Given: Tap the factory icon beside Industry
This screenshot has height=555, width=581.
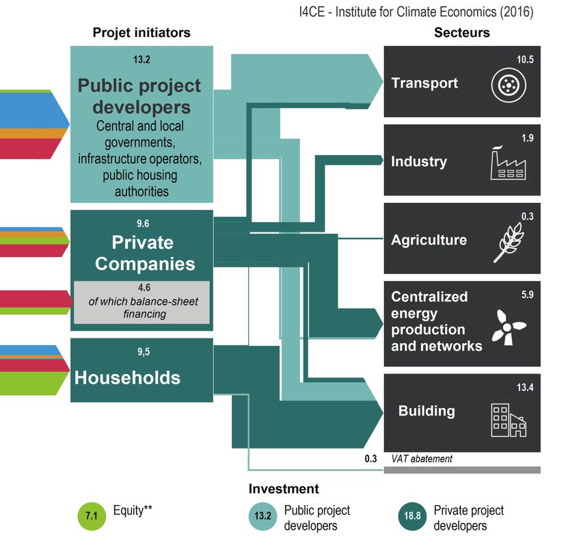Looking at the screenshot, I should [x=508, y=164].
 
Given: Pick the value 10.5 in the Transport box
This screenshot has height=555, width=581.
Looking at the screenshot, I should [x=524, y=60].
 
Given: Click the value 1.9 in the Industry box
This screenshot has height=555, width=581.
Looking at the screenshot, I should [x=526, y=138].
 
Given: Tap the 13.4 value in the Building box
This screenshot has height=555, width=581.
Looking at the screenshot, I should [x=524, y=388].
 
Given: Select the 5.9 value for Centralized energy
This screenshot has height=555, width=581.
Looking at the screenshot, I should [x=526, y=295].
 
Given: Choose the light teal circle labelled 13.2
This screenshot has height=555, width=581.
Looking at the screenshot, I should [x=262, y=517].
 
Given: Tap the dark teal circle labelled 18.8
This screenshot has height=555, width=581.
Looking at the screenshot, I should [x=411, y=517].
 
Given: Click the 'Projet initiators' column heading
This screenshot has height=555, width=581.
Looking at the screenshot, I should [x=141, y=32].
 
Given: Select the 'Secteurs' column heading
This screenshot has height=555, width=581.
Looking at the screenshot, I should [x=462, y=32].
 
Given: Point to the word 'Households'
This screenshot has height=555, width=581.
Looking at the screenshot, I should [x=127, y=378].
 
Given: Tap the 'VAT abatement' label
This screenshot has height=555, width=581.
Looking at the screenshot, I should [x=422, y=459].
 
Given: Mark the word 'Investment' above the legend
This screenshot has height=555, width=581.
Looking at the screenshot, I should [x=283, y=489].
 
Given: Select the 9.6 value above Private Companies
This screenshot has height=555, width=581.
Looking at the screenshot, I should [x=141, y=223].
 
